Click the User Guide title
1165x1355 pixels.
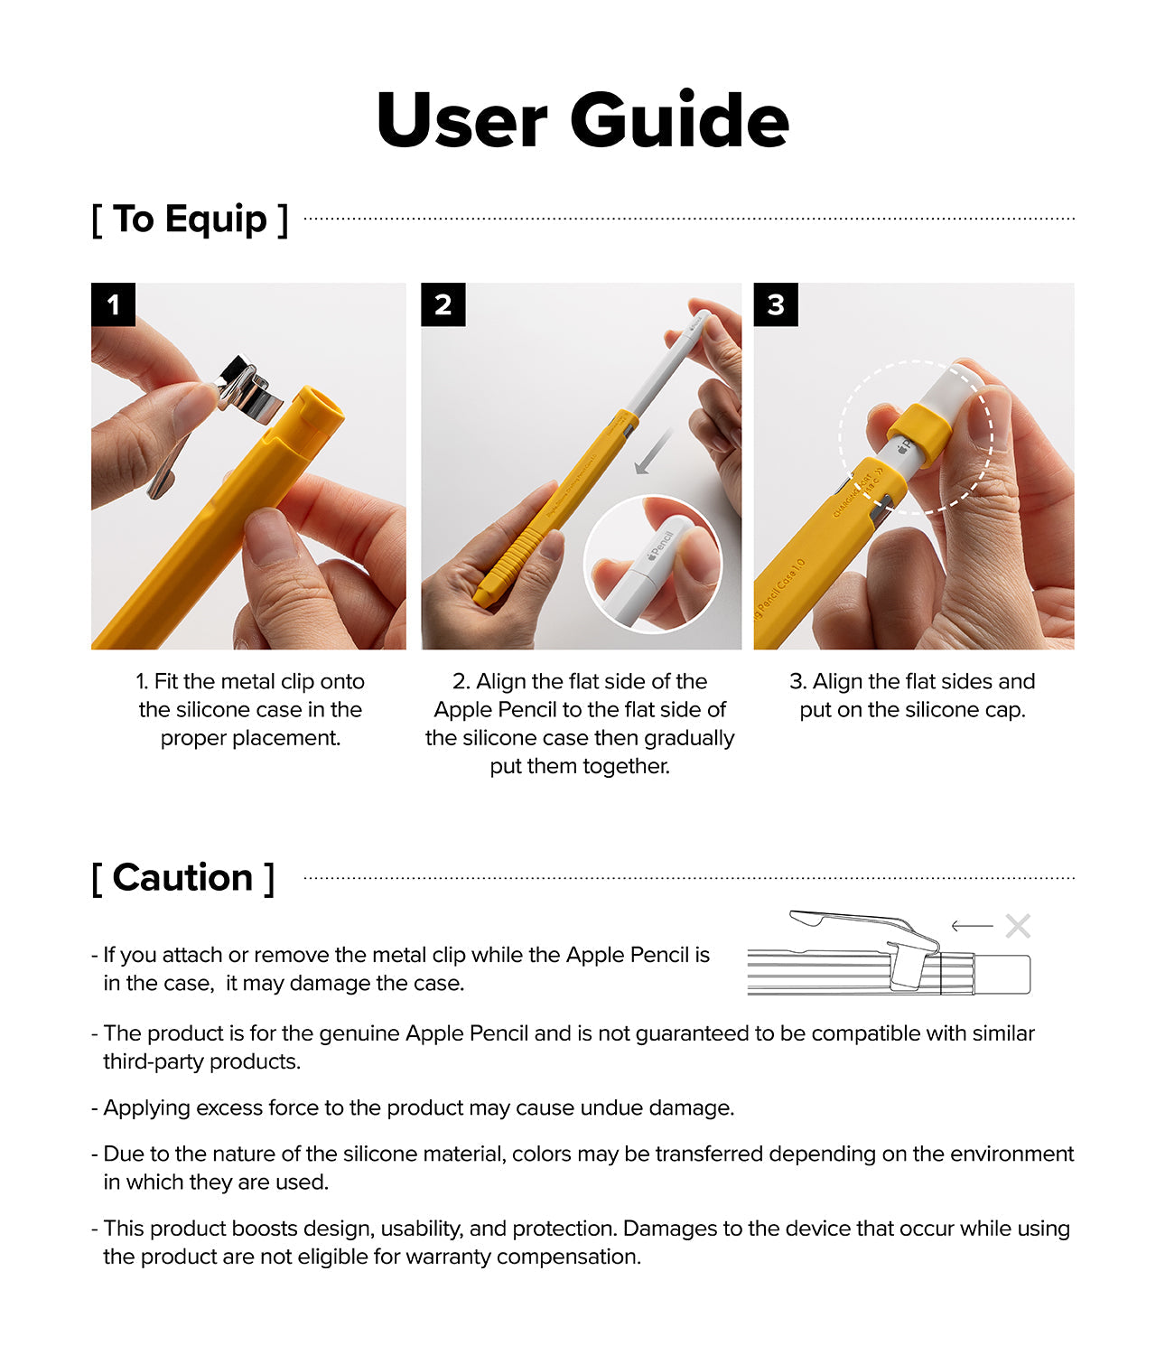tap(582, 120)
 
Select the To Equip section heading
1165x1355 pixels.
tap(190, 220)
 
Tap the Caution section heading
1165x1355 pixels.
tap(182, 878)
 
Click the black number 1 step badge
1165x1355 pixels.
tap(113, 304)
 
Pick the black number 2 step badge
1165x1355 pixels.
tap(443, 304)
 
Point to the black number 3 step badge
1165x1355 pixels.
tap(775, 304)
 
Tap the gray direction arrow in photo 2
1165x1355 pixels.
tap(653, 451)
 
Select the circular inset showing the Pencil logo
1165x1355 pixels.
tap(652, 562)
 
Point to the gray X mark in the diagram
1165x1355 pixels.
tap(1018, 926)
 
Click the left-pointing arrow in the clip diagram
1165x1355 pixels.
tap(972, 926)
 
